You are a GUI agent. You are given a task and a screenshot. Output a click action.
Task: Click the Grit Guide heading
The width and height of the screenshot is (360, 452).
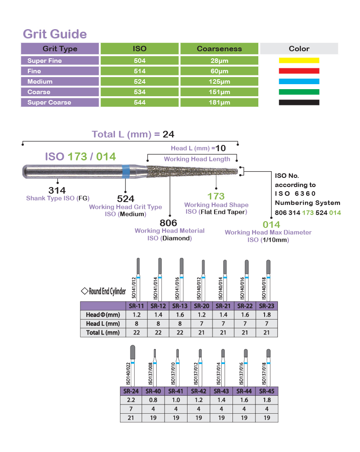tap(55, 34)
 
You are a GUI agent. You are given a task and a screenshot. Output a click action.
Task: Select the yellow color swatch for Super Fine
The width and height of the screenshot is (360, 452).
tap(299, 60)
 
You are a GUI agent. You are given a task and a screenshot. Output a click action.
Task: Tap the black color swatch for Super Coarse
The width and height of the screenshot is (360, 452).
tap(299, 102)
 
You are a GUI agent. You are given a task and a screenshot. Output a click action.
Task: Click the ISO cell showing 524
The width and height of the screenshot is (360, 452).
tap(140, 82)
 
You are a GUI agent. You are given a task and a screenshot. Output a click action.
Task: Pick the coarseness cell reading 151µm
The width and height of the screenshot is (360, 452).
tap(219, 92)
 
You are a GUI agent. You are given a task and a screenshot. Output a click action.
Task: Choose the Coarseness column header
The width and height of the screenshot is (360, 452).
tap(219, 49)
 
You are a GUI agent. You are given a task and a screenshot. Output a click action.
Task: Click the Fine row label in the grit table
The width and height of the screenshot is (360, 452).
tap(34, 71)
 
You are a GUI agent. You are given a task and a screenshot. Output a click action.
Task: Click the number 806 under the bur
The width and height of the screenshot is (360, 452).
tap(168, 223)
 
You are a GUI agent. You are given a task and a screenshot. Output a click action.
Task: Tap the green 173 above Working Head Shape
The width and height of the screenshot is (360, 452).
tap(216, 196)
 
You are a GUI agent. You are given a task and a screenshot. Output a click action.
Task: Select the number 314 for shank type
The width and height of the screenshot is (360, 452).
tap(57, 190)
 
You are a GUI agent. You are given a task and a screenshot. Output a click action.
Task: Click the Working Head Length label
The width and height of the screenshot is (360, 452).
tap(197, 159)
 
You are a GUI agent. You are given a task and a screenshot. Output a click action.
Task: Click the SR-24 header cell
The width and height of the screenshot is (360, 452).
tap(131, 391)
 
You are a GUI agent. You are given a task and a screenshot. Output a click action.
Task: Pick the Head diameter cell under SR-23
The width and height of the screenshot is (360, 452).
tap(267, 315)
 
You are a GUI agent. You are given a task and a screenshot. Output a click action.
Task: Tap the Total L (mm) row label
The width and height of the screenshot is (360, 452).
tap(103, 332)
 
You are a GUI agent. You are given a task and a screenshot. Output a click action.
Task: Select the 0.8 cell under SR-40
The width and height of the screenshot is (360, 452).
tap(153, 400)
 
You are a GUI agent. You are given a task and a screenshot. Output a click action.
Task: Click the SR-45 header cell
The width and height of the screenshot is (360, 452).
tap(267, 391)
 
